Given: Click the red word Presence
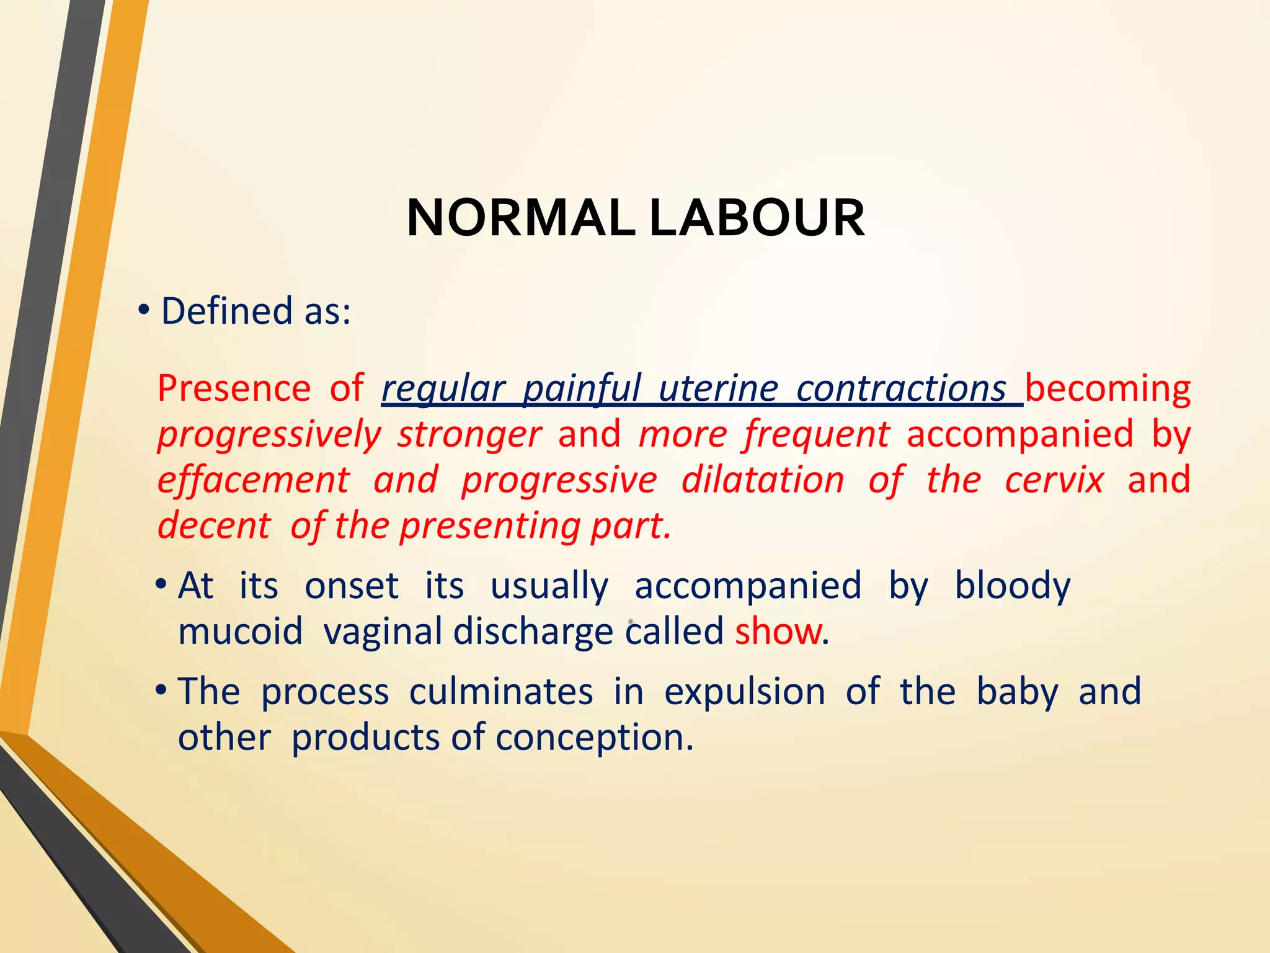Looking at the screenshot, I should coord(234,389).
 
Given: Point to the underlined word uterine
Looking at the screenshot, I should coord(718,389).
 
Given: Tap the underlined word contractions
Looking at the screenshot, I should coord(901,389).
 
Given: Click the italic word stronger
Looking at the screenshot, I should coord(469,434).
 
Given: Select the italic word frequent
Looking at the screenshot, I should coord(817,434).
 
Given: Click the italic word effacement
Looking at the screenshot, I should coord(253,480).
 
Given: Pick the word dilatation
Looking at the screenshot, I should coord(763,480).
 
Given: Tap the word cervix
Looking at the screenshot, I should coord(1054,480).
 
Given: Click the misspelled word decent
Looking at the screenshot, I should coord(214,526).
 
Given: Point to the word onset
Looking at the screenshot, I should coord(352,586).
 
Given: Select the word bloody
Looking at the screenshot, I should coord(1012,586).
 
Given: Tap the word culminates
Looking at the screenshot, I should coord(501,692).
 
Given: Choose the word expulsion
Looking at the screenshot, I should coord(745,692).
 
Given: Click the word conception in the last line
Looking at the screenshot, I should coord(593,738).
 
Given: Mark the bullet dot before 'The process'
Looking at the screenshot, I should coord(161,691).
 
